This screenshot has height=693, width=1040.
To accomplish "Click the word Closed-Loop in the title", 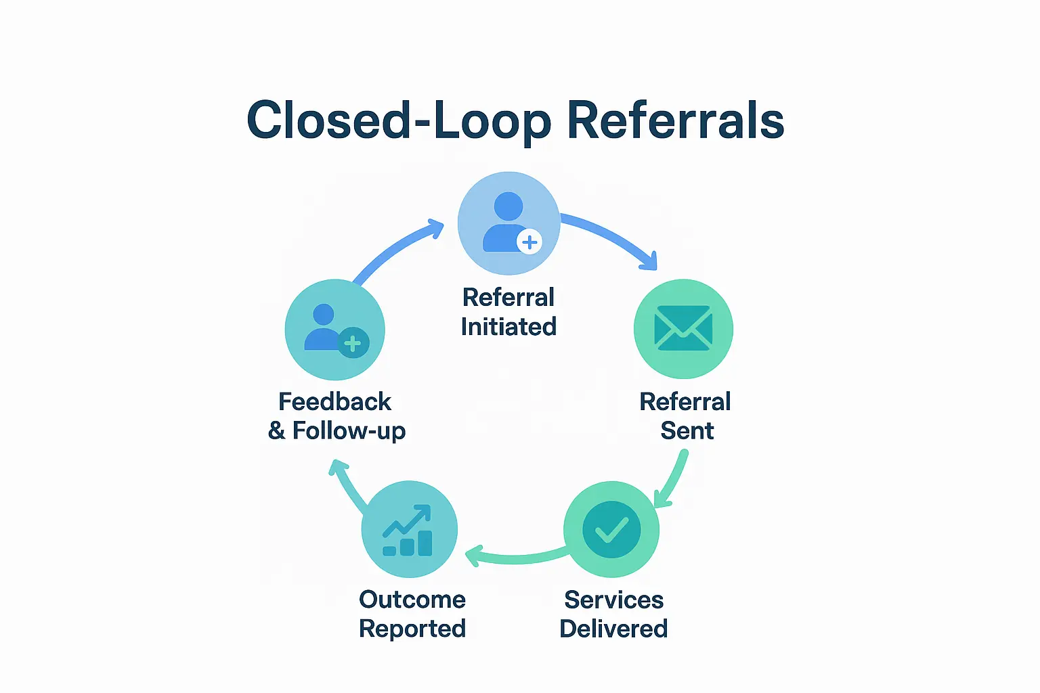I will (x=399, y=121).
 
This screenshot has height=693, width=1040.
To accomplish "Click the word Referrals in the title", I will (x=675, y=121).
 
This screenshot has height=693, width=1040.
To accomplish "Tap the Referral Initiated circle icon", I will (x=508, y=223).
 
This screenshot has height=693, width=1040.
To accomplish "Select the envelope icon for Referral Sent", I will (x=683, y=329).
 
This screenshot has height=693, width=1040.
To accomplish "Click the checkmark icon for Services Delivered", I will (x=611, y=529).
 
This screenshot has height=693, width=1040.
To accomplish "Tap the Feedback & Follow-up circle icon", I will (x=334, y=330).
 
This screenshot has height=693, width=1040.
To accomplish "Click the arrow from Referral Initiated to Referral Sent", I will (x=613, y=236).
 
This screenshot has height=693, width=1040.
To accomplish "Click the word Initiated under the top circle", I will (x=508, y=327).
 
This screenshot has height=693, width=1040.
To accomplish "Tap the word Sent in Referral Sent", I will (x=687, y=431).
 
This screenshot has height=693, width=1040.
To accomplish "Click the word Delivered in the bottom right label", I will (x=613, y=629).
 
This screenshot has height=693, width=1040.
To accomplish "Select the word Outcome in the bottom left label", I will (x=412, y=600).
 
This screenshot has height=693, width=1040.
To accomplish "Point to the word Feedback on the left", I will (x=334, y=402).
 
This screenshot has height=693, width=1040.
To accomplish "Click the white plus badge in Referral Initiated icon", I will (x=529, y=242).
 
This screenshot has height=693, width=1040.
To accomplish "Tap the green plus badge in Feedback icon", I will (x=353, y=343).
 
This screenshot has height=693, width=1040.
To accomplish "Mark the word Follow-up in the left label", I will (x=349, y=431).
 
